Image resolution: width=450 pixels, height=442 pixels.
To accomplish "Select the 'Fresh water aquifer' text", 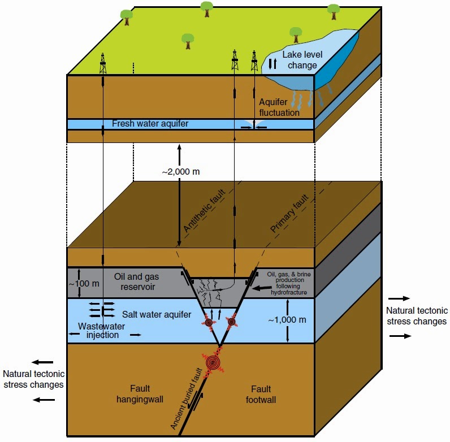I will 149,124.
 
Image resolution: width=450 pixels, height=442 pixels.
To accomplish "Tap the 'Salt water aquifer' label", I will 157,313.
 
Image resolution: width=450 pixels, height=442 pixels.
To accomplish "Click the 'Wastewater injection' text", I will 102,330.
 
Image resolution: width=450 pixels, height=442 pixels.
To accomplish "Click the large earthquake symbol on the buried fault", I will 214,362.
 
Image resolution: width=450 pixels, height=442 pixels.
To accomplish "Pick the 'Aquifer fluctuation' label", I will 279,107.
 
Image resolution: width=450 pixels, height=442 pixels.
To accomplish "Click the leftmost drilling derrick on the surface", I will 103,63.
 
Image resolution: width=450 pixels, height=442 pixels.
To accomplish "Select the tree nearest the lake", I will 295,33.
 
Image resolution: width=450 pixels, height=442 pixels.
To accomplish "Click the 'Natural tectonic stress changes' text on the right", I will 416,316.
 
